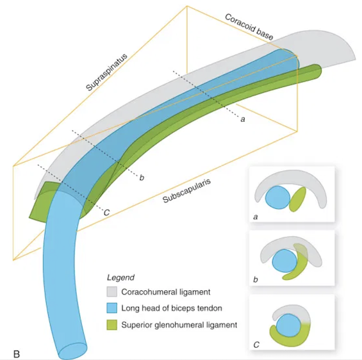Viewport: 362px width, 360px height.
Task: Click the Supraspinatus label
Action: (x=106, y=72)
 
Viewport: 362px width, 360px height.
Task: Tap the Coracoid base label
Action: (x=249, y=27)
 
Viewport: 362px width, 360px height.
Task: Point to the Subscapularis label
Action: (x=187, y=191)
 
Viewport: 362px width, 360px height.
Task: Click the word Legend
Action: (x=120, y=277)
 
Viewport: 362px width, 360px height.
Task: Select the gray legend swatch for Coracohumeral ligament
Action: (x=112, y=291)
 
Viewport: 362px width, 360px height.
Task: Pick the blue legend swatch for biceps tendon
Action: (x=112, y=308)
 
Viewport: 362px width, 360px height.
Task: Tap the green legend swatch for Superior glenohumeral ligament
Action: (x=112, y=325)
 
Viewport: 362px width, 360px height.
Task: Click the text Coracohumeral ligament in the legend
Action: (x=166, y=292)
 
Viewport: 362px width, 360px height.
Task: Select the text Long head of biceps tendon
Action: (x=172, y=308)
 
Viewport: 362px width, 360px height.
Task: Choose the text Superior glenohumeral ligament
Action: (x=179, y=325)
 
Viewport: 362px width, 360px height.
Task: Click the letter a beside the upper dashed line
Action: (x=243, y=119)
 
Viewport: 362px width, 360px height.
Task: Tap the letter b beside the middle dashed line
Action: (x=142, y=177)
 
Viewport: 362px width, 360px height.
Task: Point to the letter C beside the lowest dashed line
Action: (x=106, y=212)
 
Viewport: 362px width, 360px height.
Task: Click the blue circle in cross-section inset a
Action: (x=277, y=197)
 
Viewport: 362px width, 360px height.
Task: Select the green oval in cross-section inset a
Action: (x=297, y=199)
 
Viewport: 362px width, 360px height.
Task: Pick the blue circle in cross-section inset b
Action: (x=284, y=261)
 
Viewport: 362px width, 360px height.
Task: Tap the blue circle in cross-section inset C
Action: (x=289, y=325)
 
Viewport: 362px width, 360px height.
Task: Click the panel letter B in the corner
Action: (x=17, y=354)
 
